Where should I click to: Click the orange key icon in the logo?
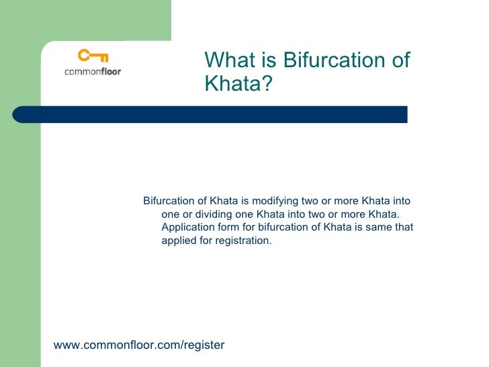pyautogui.click(x=92, y=56)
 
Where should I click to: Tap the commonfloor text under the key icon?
pyautogui.click(x=93, y=71)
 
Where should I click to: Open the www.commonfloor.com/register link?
pyautogui.click(x=139, y=345)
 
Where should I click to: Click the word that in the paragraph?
pyautogui.click(x=404, y=227)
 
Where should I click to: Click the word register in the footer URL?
pyautogui.click(x=204, y=345)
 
